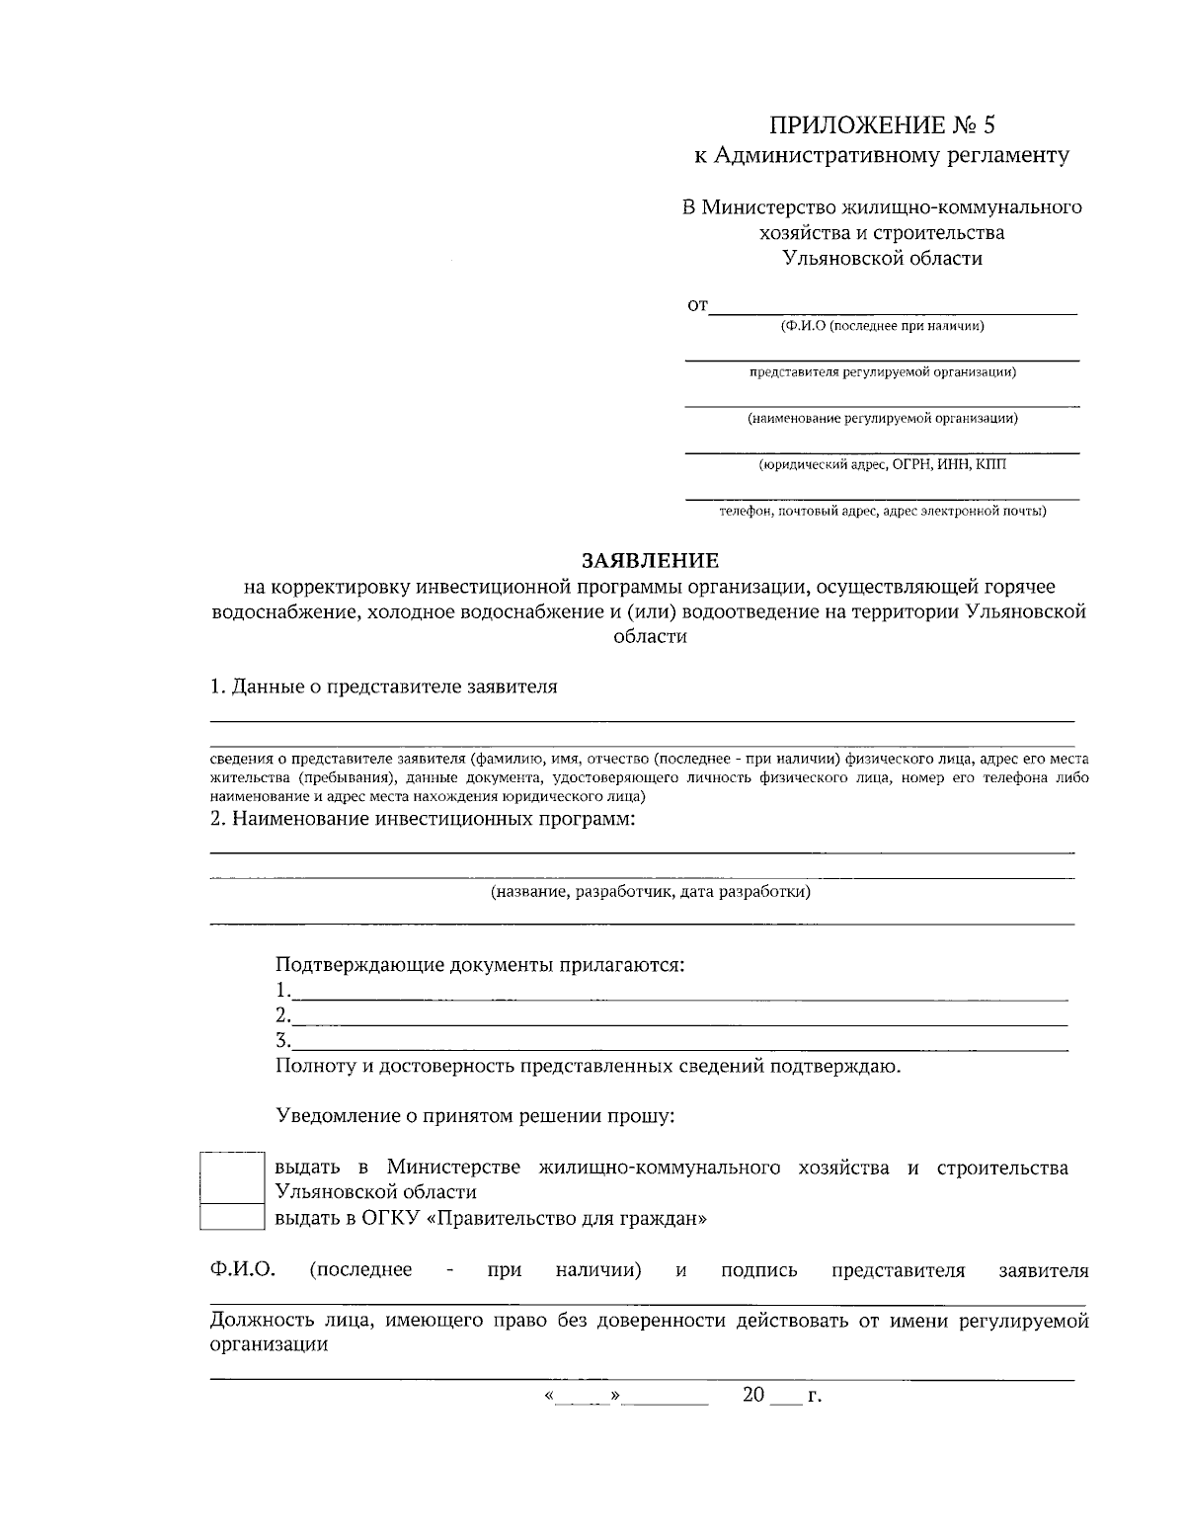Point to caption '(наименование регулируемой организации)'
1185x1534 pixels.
coord(882,418)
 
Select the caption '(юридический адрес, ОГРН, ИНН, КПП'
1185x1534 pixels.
coord(882,464)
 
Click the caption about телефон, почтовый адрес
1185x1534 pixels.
coord(882,511)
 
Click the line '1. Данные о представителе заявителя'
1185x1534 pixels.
coord(383,686)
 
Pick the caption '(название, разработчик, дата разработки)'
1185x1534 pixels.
coord(651,892)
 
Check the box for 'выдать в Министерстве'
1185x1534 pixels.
coord(232,1177)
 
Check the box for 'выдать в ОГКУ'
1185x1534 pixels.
coord(232,1217)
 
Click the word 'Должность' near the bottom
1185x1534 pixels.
coord(260,1321)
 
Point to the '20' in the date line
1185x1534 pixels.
coord(753,1396)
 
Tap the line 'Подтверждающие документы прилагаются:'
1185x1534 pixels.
coord(480,965)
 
